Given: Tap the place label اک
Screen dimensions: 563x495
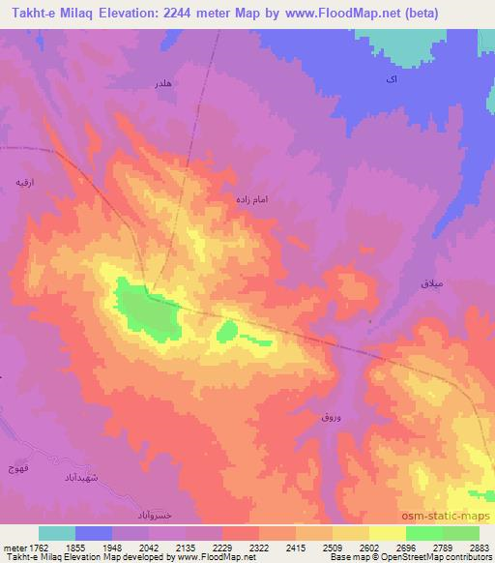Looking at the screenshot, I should [390, 79].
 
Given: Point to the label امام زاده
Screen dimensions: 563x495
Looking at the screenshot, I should [249, 198].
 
